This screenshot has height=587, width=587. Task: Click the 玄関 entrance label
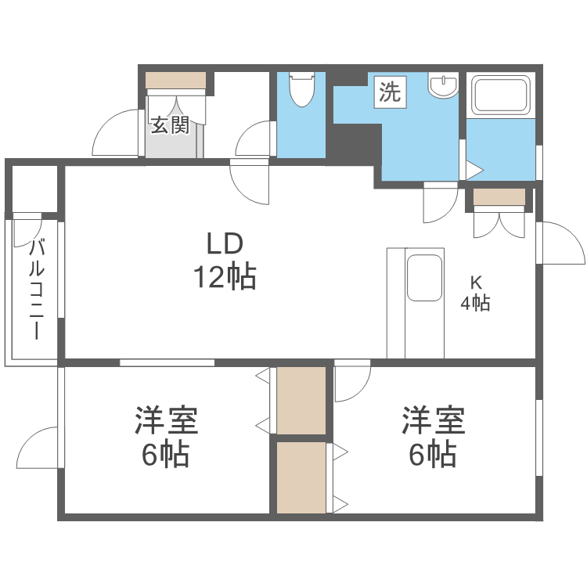tap(171, 125)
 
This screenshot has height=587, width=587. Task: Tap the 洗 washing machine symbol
tap(390, 92)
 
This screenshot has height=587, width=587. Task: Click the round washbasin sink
tap(445, 85)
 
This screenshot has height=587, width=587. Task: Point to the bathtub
tap(501, 95)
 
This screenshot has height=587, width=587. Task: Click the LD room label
tap(226, 245)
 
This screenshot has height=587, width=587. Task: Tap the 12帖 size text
tap(226, 276)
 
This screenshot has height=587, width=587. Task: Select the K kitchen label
tap(475, 283)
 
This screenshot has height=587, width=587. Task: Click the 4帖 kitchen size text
tap(475, 304)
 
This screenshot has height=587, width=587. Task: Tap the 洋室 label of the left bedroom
tap(166, 420)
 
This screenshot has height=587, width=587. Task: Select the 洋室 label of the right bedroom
tap(434, 420)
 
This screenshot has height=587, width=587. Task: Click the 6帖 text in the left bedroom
tap(166, 455)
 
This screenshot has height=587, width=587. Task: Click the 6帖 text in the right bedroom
tap(434, 455)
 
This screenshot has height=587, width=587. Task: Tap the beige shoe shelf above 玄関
tap(176, 80)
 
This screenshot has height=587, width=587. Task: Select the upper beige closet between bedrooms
tap(301, 399)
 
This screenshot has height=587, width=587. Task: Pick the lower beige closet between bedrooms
tap(301, 477)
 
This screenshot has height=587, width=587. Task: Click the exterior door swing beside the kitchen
tap(562, 243)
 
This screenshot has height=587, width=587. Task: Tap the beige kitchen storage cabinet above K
tap(499, 197)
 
